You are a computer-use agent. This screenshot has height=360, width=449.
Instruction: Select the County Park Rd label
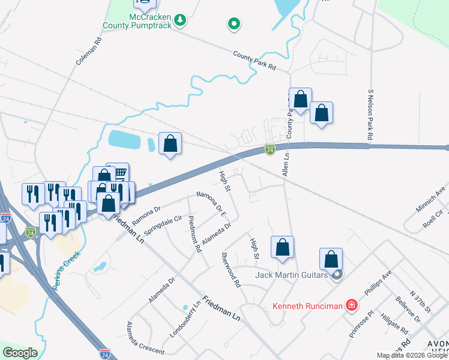(x=255, y=60)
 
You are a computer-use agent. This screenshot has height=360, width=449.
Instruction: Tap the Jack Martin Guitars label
(x=292, y=275)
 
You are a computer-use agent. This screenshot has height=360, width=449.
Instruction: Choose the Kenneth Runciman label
(x=308, y=306)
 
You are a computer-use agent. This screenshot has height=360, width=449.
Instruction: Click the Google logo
(x=20, y=353)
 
